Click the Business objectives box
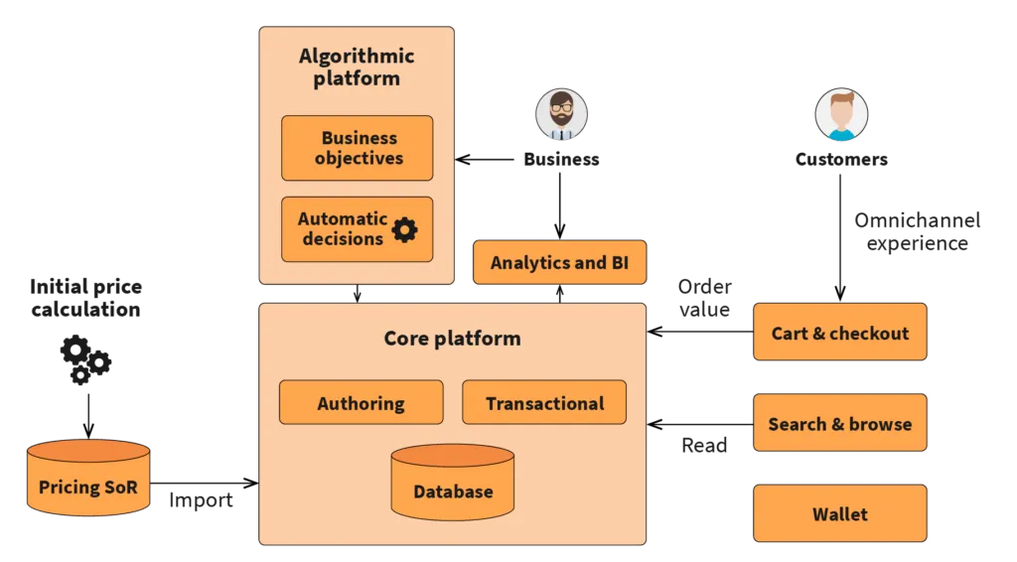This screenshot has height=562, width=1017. pos(357,148)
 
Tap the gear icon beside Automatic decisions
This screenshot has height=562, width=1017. pos(404,230)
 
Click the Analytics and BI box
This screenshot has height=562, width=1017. pos(559,263)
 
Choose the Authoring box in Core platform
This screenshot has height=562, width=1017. pos(361,403)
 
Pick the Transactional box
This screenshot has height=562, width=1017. pos(544,403)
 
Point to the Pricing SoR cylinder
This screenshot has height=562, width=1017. pos(87,480)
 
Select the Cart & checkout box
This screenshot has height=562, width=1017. pos(840,333)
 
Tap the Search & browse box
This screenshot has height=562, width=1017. pos(840,424)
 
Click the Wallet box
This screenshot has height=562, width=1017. pos(840,514)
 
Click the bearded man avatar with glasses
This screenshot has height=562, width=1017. pos(561,115)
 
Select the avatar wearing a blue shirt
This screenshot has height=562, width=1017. pos(841,115)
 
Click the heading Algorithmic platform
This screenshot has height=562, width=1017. pos(357,67)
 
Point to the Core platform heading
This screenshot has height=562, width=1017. pos(452,339)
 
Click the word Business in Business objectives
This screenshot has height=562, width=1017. pos(359,138)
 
